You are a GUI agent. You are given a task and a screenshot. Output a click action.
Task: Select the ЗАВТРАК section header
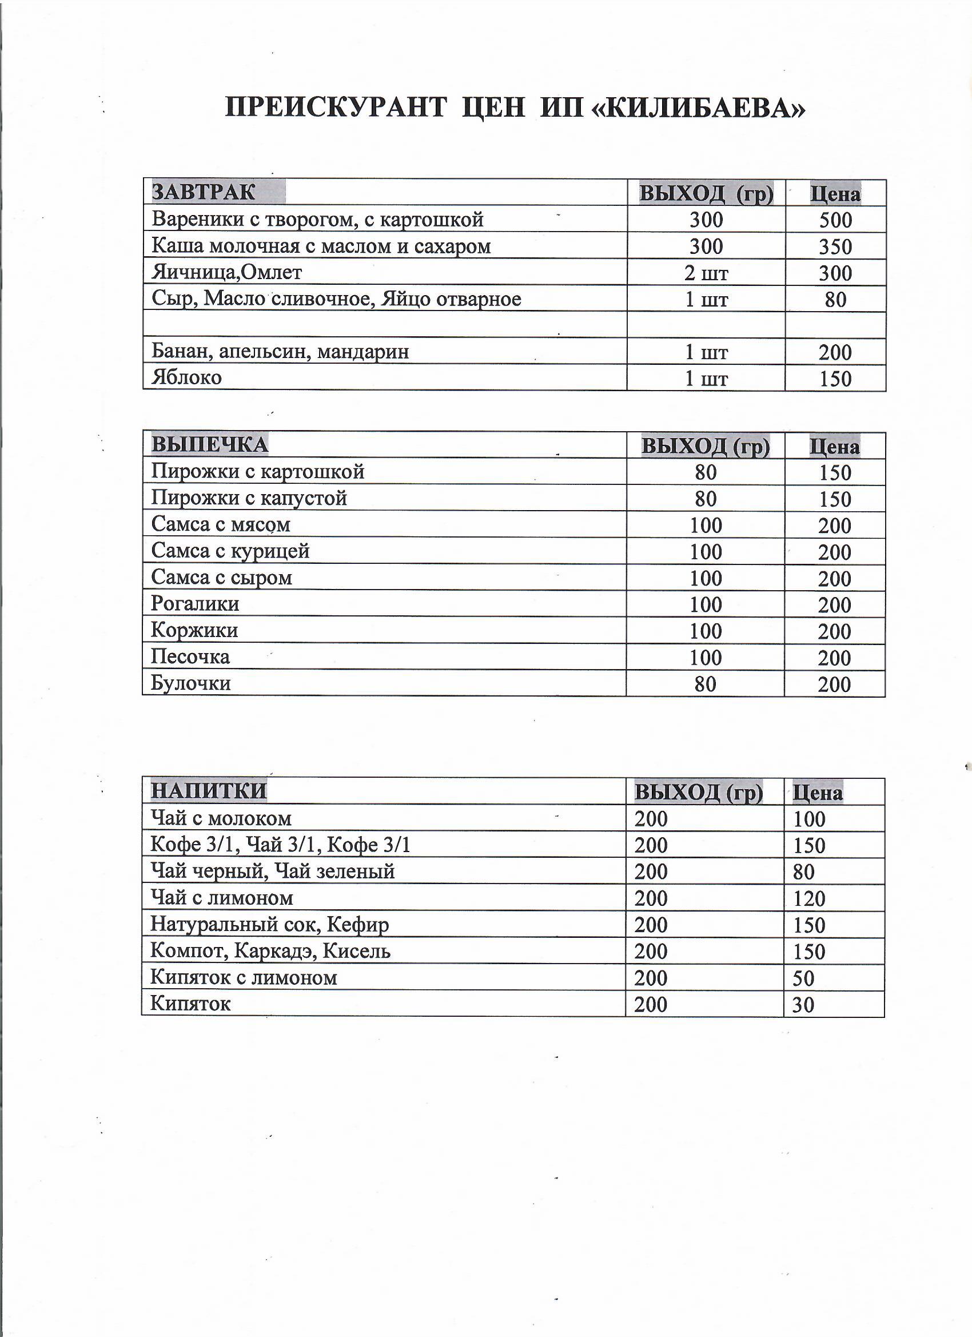pyautogui.click(x=204, y=192)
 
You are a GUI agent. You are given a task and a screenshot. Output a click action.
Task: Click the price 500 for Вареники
pyautogui.click(x=835, y=220)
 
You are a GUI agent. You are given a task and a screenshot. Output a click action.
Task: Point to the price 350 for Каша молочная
pyautogui.click(x=835, y=246)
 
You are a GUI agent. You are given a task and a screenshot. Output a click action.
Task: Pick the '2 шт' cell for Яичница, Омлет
pyautogui.click(x=706, y=273)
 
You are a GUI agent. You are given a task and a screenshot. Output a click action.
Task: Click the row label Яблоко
pyautogui.click(x=186, y=377)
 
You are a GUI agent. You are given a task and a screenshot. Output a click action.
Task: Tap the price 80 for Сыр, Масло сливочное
pyautogui.click(x=835, y=300)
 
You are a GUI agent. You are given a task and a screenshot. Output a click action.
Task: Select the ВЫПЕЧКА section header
pyautogui.click(x=210, y=444)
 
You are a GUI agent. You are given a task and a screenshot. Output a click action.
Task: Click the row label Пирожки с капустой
pyautogui.click(x=249, y=498)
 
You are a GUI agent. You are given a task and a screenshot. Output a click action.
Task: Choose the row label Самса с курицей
pyautogui.click(x=230, y=551)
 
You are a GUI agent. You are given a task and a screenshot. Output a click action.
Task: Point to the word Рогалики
pyautogui.click(x=195, y=604)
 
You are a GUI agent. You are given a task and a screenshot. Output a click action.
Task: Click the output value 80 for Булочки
pyautogui.click(x=706, y=684)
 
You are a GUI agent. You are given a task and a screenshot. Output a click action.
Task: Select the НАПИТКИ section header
pyautogui.click(x=209, y=790)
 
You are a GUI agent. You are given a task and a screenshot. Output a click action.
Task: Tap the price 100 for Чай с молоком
pyautogui.click(x=808, y=819)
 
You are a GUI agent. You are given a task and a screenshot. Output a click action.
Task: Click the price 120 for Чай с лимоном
pyautogui.click(x=808, y=898)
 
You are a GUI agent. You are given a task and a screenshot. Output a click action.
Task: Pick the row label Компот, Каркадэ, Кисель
pyautogui.click(x=270, y=951)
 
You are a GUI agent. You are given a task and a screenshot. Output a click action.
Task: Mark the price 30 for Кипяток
pyautogui.click(x=803, y=1005)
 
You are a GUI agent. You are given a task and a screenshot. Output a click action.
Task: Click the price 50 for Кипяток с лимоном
pyautogui.click(x=803, y=978)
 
